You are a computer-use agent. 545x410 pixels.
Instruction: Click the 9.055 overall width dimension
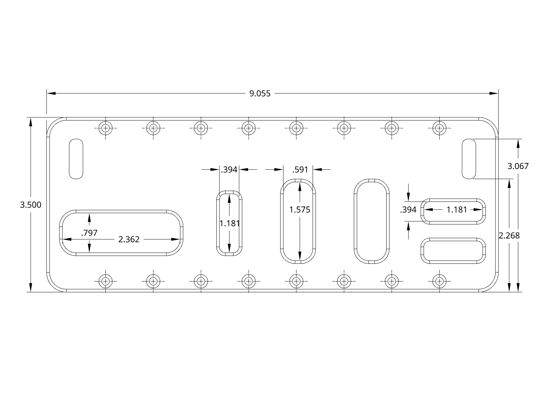(x=260, y=94)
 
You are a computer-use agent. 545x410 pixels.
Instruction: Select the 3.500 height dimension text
(x=31, y=205)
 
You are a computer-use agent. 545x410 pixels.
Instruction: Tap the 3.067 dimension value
(x=518, y=166)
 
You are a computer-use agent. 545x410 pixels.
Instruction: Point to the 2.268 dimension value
(x=509, y=235)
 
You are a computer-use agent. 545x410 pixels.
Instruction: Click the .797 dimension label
(x=89, y=233)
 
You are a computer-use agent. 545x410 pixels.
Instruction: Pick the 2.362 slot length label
(x=129, y=239)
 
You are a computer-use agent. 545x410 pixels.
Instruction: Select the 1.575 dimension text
(x=300, y=210)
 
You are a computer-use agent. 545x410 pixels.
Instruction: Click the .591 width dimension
(x=300, y=170)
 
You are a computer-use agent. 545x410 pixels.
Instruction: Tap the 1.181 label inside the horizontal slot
(x=457, y=210)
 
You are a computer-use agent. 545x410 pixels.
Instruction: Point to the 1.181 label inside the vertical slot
(x=230, y=224)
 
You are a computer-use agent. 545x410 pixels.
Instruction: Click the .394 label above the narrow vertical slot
(x=229, y=170)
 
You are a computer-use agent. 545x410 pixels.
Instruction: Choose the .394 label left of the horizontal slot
(x=408, y=210)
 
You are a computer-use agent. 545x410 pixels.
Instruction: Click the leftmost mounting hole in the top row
(x=105, y=128)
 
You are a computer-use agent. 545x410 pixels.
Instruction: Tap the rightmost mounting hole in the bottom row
(x=439, y=281)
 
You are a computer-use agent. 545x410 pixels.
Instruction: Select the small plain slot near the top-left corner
(x=76, y=159)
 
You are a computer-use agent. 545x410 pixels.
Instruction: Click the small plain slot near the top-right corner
(x=469, y=159)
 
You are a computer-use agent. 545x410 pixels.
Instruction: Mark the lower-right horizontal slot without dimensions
(x=453, y=251)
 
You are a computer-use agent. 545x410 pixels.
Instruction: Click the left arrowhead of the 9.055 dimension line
(x=51, y=94)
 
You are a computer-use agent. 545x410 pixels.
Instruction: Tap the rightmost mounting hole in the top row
(x=439, y=128)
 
